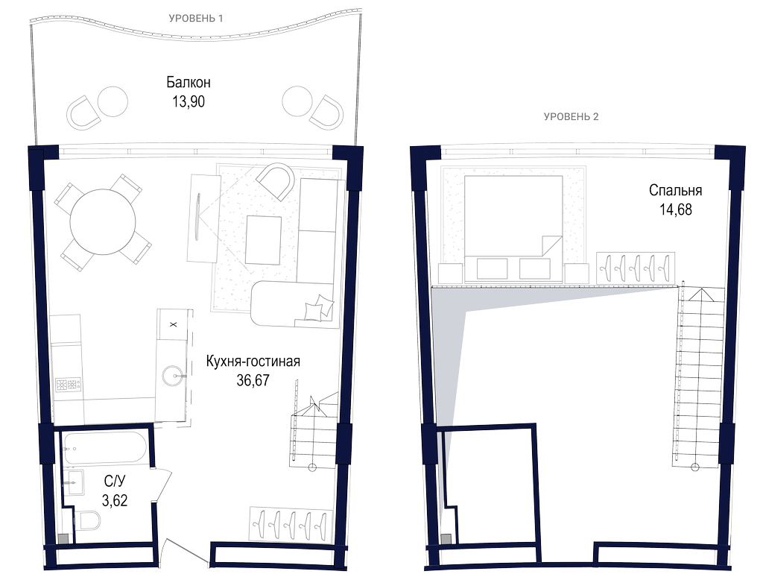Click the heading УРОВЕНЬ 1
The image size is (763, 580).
pyautogui.click(x=196, y=19)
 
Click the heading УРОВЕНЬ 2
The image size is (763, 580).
pyautogui.click(x=571, y=117)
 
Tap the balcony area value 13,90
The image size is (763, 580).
pyautogui.click(x=189, y=102)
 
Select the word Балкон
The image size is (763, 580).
pyautogui.click(x=189, y=82)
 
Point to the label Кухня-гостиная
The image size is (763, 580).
pyautogui.click(x=253, y=362)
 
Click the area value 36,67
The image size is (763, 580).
pyautogui.click(x=253, y=380)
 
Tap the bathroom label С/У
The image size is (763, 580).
pyautogui.click(x=115, y=481)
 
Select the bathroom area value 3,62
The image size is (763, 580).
pyautogui.click(x=115, y=500)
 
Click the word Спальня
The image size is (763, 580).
pyautogui.click(x=675, y=190)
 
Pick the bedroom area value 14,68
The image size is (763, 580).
pyautogui.click(x=675, y=209)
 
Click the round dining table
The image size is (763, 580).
pyautogui.click(x=103, y=222)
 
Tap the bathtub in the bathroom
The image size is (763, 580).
pyautogui.click(x=104, y=449)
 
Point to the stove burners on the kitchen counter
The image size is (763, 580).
pyautogui.click(x=68, y=385)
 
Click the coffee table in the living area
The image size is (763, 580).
pyautogui.click(x=263, y=240)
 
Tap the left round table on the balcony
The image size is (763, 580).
pyautogui.click(x=113, y=102)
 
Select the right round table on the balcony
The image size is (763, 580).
pyautogui.click(x=297, y=102)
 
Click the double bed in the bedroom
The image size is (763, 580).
pyautogui.click(x=513, y=229)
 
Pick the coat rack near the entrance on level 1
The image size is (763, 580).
pyautogui.click(x=291, y=523)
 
